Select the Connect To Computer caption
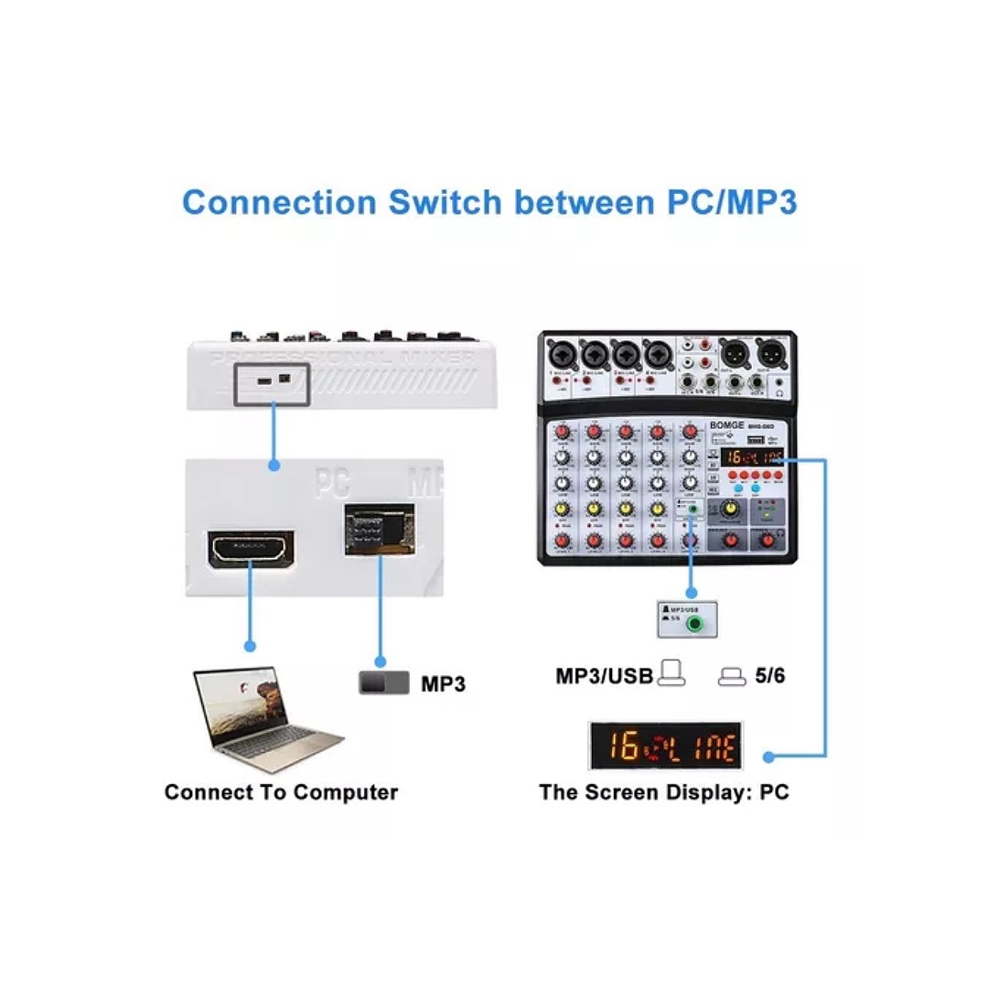point(281,792)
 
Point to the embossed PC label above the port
point(332,483)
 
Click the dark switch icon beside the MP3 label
point(383,682)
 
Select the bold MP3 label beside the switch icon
point(443,683)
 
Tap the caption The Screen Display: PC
point(663,792)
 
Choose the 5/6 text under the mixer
point(769,677)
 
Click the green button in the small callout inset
point(699,626)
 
